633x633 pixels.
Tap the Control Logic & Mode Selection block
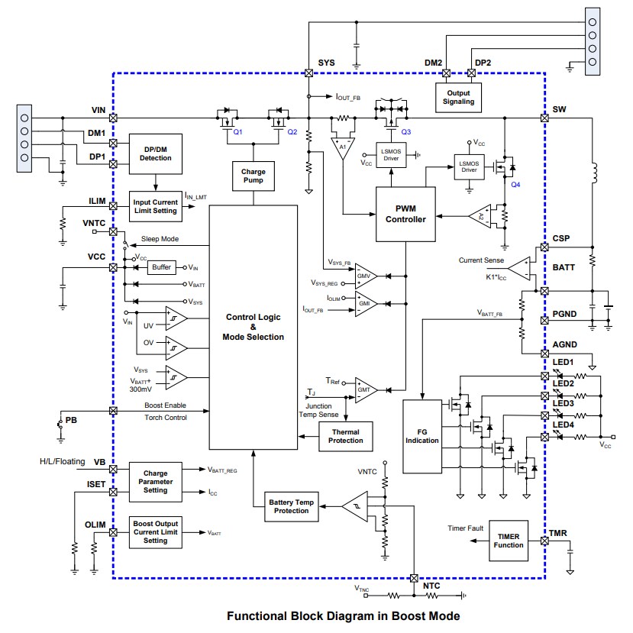coord(254,326)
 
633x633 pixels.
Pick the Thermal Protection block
coord(345,437)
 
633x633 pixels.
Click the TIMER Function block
coord(508,541)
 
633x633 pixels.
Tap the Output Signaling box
coord(458,96)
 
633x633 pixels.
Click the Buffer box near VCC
coord(161,268)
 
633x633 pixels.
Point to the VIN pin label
coord(97,109)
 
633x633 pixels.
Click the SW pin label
coord(559,109)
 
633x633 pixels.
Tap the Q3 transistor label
coord(405,132)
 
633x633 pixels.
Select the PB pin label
coord(71,420)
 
